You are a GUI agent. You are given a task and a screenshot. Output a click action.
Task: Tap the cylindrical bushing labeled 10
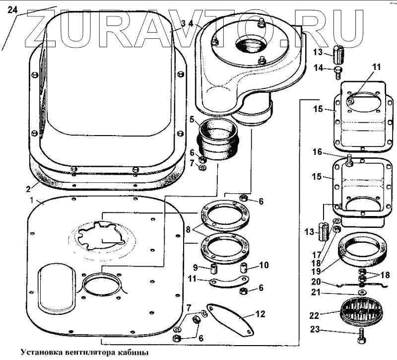point(244,269)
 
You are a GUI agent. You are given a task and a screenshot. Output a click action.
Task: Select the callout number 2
point(28,188)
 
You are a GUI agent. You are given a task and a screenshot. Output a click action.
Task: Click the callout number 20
point(317,282)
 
